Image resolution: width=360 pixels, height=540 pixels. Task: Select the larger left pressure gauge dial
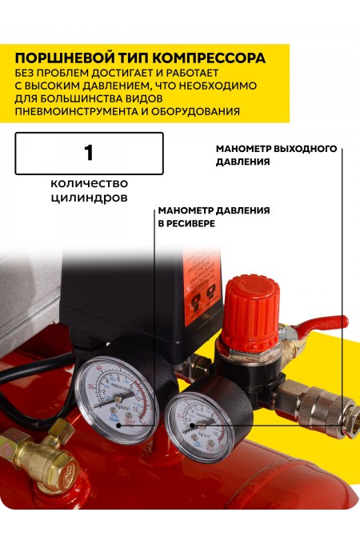117,394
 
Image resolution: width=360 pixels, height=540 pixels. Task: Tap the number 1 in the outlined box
89,152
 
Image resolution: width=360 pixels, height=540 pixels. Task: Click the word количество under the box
89,183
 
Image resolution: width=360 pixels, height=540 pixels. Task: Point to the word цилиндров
89,199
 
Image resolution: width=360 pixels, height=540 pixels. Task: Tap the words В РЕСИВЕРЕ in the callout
186,225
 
